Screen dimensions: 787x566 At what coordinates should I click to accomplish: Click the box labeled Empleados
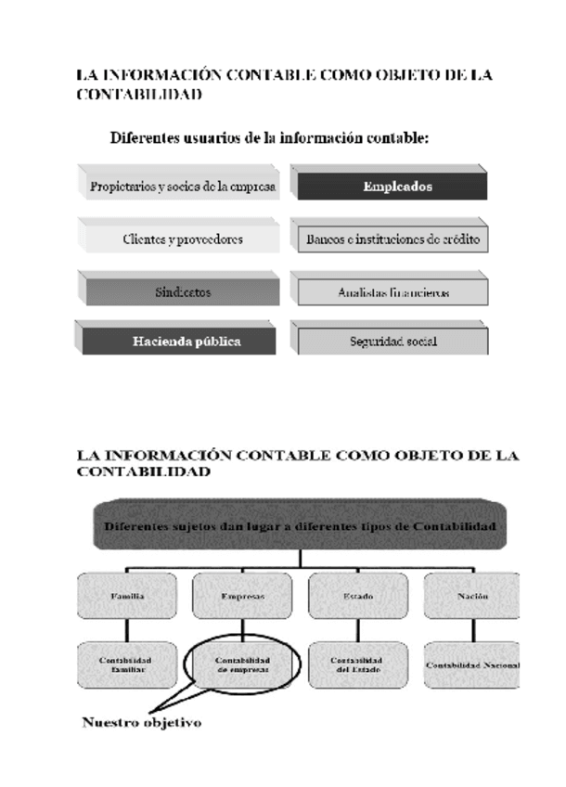tap(390, 187)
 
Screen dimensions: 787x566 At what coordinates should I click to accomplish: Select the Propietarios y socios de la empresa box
tap(182, 187)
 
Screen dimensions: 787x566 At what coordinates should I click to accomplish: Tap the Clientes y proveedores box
tap(182, 239)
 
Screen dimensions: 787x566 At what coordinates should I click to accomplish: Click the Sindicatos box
tap(182, 292)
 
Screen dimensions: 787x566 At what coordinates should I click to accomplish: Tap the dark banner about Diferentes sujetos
tap(299, 526)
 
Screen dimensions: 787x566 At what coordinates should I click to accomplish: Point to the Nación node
tap(472, 597)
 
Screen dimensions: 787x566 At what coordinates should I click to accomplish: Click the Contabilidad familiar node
tap(128, 664)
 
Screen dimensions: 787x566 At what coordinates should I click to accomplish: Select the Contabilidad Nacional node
tap(473, 664)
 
